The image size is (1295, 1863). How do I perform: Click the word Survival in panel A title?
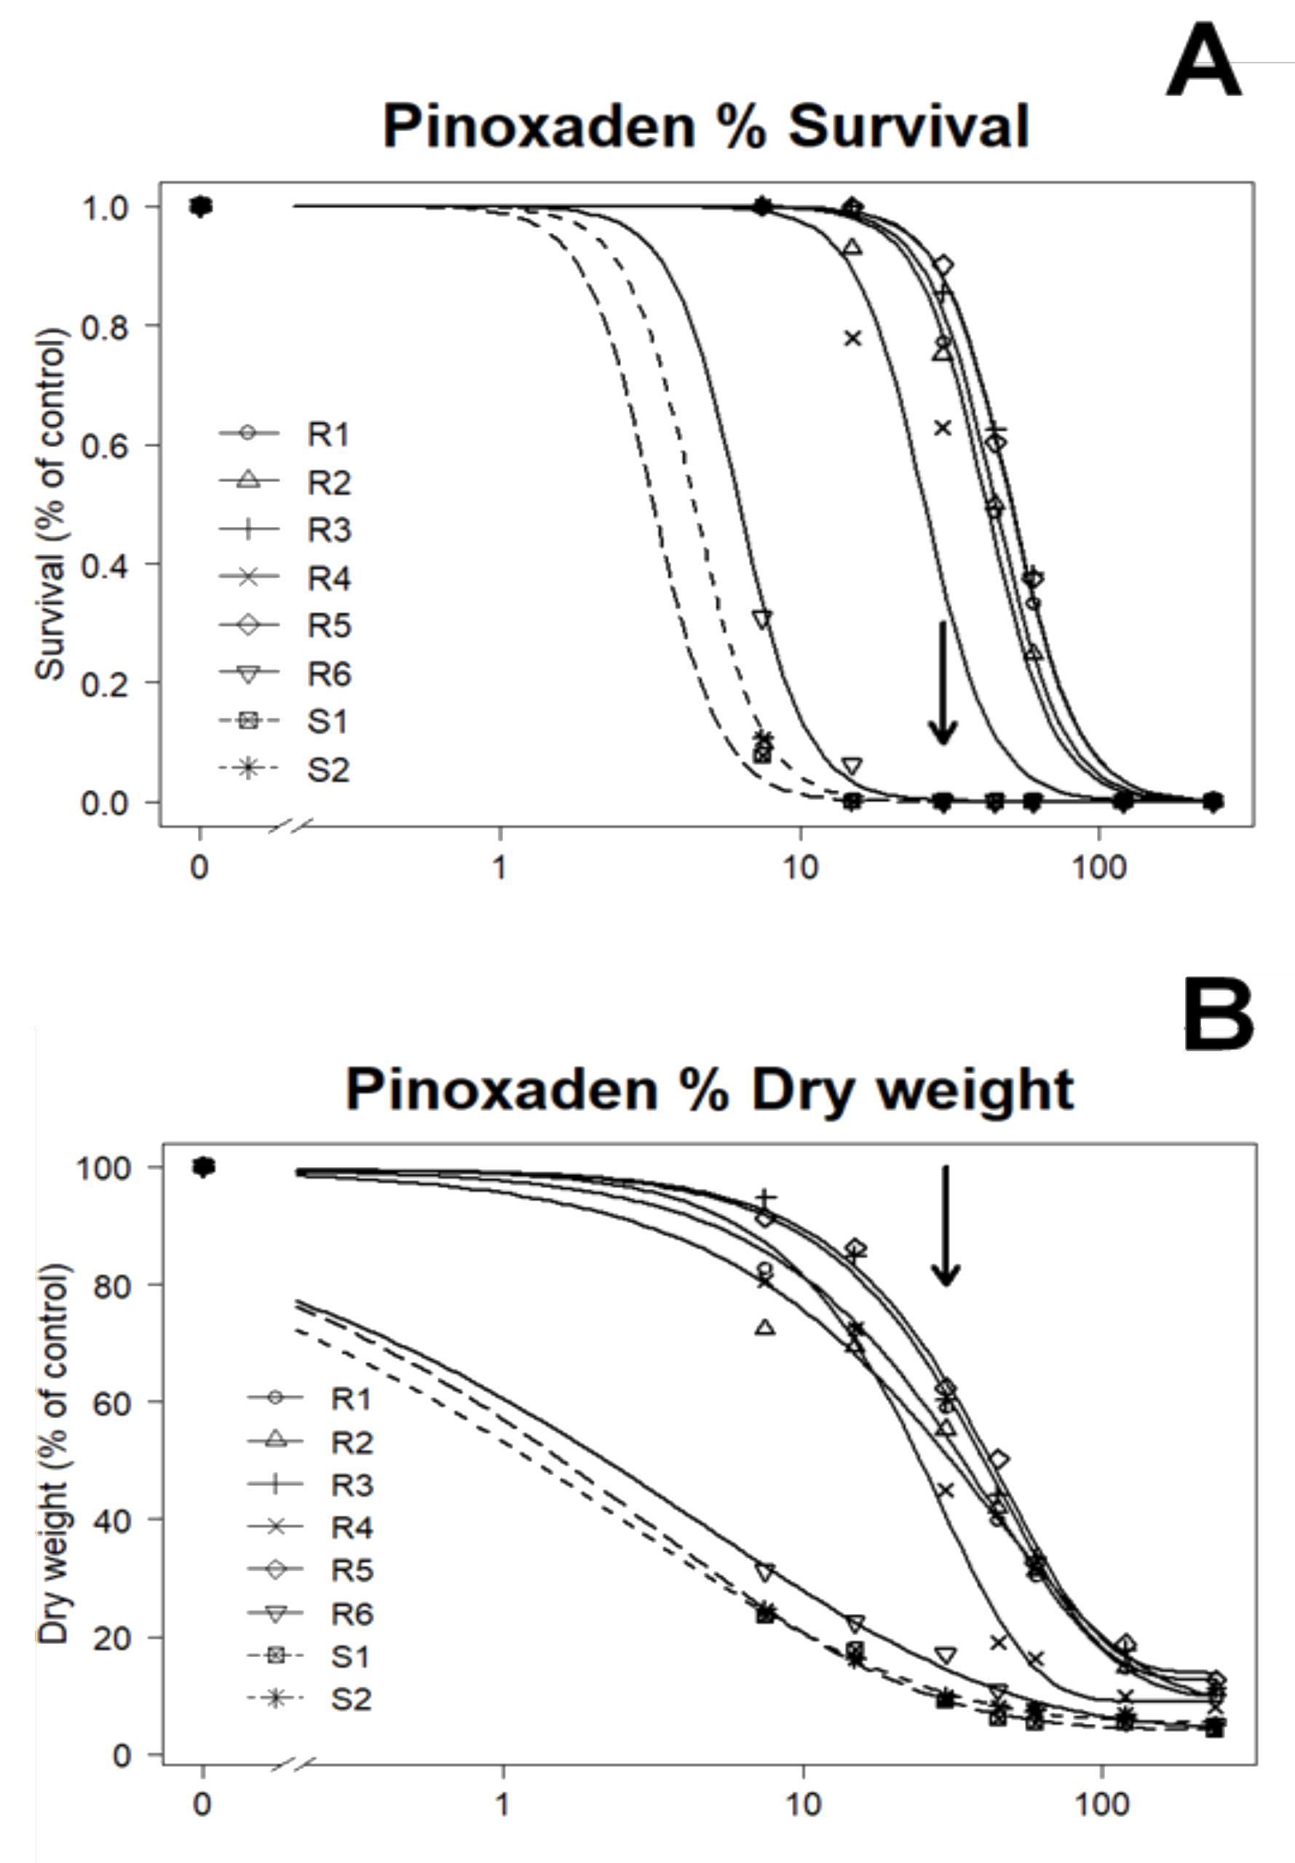(x=908, y=127)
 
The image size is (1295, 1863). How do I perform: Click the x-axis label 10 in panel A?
(x=800, y=869)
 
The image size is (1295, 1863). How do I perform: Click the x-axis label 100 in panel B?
(x=1101, y=1805)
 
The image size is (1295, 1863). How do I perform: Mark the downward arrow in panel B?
(x=944, y=1226)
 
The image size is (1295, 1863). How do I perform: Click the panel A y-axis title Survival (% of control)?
(x=50, y=503)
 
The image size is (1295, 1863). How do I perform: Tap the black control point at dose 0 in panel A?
(x=200, y=207)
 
